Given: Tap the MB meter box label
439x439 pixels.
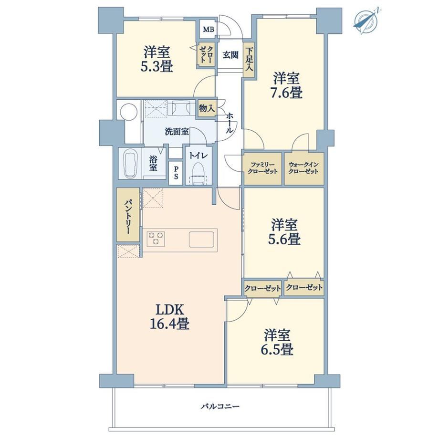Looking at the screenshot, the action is click(208, 29).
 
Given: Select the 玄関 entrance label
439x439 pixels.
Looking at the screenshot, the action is click(230, 55).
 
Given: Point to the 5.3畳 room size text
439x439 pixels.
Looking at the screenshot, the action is click(157, 67).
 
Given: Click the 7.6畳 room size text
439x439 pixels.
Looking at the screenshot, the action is click(286, 93).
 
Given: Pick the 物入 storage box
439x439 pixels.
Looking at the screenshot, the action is click(207, 108).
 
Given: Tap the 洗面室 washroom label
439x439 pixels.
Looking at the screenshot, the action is click(177, 131).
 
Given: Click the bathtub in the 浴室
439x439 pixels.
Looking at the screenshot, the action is click(131, 164).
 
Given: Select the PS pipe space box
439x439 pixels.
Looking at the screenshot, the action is click(176, 173).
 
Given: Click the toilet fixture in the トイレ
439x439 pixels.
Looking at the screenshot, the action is click(199, 173).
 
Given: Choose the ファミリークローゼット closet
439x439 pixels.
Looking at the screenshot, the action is click(262, 168).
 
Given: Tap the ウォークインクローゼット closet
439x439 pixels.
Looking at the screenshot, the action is click(304, 168).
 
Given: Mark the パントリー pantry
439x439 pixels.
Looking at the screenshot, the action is click(128, 215).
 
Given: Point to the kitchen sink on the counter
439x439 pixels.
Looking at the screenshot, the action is click(201, 240).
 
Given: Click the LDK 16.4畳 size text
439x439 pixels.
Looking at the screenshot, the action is click(170, 317).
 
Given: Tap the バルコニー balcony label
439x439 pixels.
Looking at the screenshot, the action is click(220, 406).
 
